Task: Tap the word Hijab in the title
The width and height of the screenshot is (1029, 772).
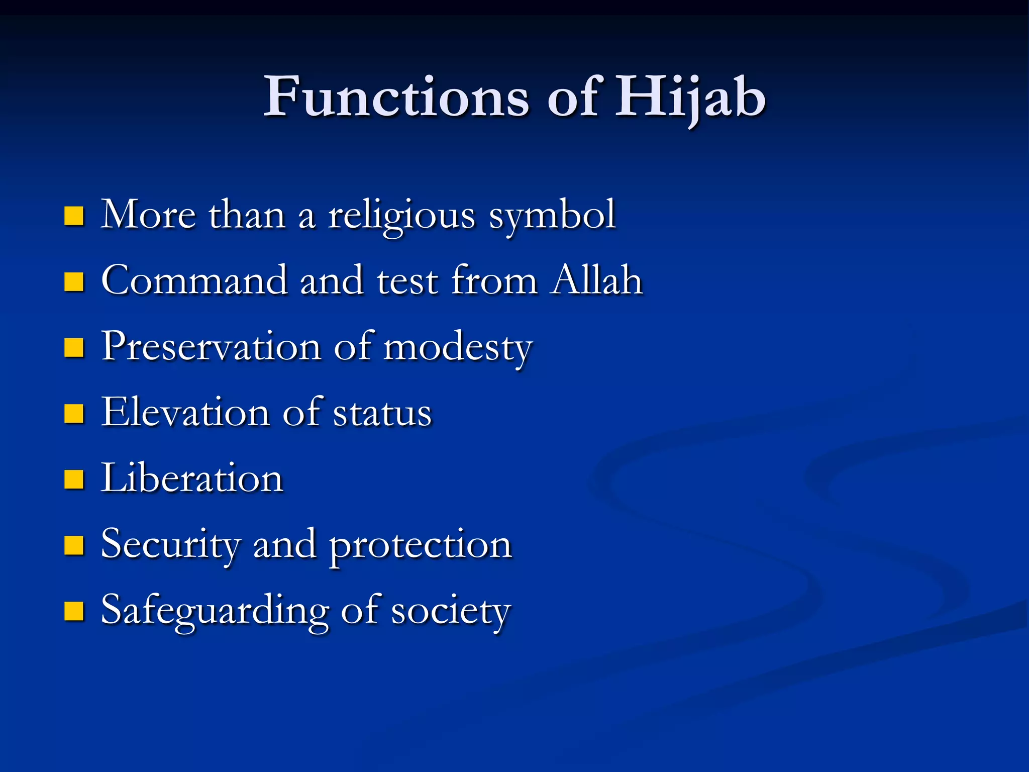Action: click(x=690, y=96)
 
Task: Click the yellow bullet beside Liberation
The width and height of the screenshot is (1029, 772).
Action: click(x=74, y=479)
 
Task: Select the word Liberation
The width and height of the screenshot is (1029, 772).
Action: click(x=192, y=478)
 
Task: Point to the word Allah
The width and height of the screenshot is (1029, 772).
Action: click(x=596, y=280)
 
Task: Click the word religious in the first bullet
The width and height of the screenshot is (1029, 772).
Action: click(x=401, y=215)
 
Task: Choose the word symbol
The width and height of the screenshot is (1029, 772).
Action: click(x=552, y=215)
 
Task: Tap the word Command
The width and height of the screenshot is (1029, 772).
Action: click(x=194, y=280)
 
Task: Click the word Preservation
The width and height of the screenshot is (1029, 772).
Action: click(x=211, y=346)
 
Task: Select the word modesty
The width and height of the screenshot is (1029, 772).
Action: click(x=457, y=347)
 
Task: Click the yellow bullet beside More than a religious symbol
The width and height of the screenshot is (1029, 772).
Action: click(x=74, y=216)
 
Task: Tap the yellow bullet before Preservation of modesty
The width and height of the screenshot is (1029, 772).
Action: click(x=74, y=347)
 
